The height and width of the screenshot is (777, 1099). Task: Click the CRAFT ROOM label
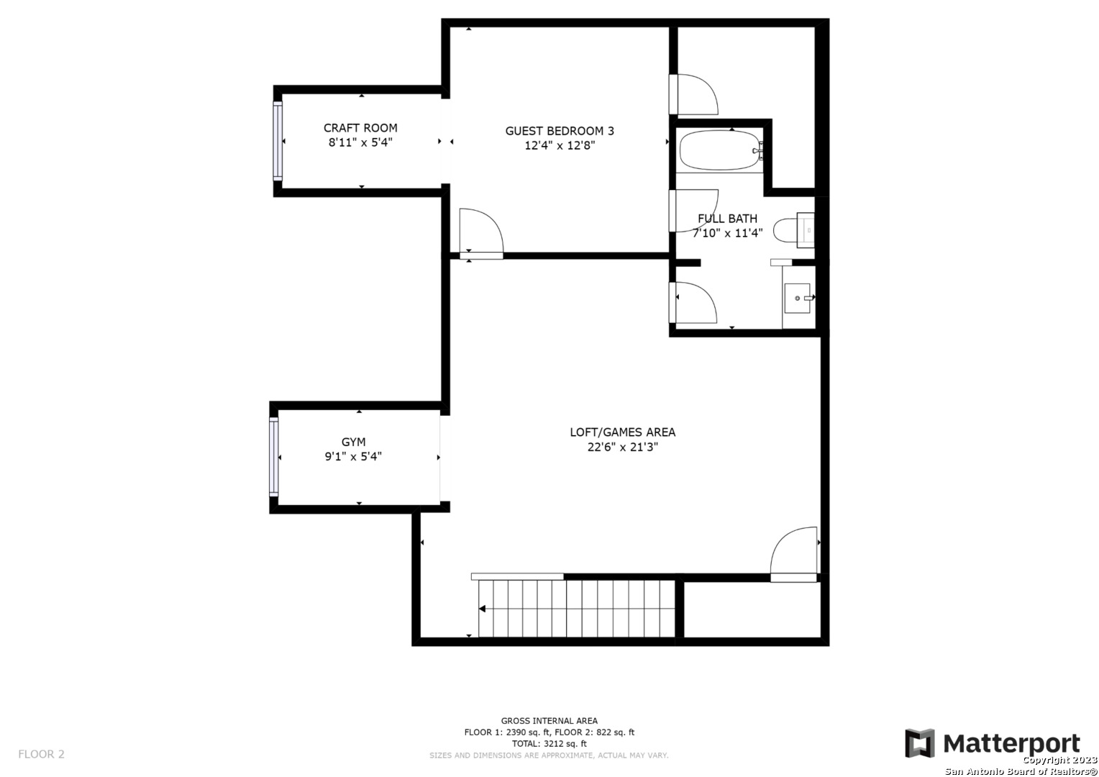[x=360, y=128]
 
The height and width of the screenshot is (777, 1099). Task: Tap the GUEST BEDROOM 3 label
[x=560, y=131]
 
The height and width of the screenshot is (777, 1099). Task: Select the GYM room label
[x=353, y=442]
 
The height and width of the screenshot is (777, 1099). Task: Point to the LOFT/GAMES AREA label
[x=622, y=432]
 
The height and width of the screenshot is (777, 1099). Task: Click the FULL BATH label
[x=727, y=219]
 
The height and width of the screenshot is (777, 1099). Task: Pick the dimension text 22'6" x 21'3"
[x=622, y=447]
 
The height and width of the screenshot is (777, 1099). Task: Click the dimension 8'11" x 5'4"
[x=360, y=143]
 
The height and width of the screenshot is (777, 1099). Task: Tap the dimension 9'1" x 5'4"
[x=353, y=456]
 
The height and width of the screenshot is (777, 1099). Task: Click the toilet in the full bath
[x=794, y=230]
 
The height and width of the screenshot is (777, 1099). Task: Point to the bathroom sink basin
[x=797, y=298]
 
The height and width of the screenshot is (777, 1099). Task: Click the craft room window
[x=278, y=141]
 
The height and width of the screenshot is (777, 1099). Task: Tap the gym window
[x=274, y=456]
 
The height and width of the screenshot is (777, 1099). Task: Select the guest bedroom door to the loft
[x=481, y=234]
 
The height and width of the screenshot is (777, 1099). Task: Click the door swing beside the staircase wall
[x=793, y=555]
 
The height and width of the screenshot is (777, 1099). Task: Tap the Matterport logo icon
[x=919, y=743]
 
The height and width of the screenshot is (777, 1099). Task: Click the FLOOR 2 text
[x=41, y=754]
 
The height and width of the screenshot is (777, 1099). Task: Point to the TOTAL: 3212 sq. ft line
[x=549, y=744]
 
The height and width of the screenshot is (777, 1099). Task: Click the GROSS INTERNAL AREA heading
[x=549, y=721]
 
